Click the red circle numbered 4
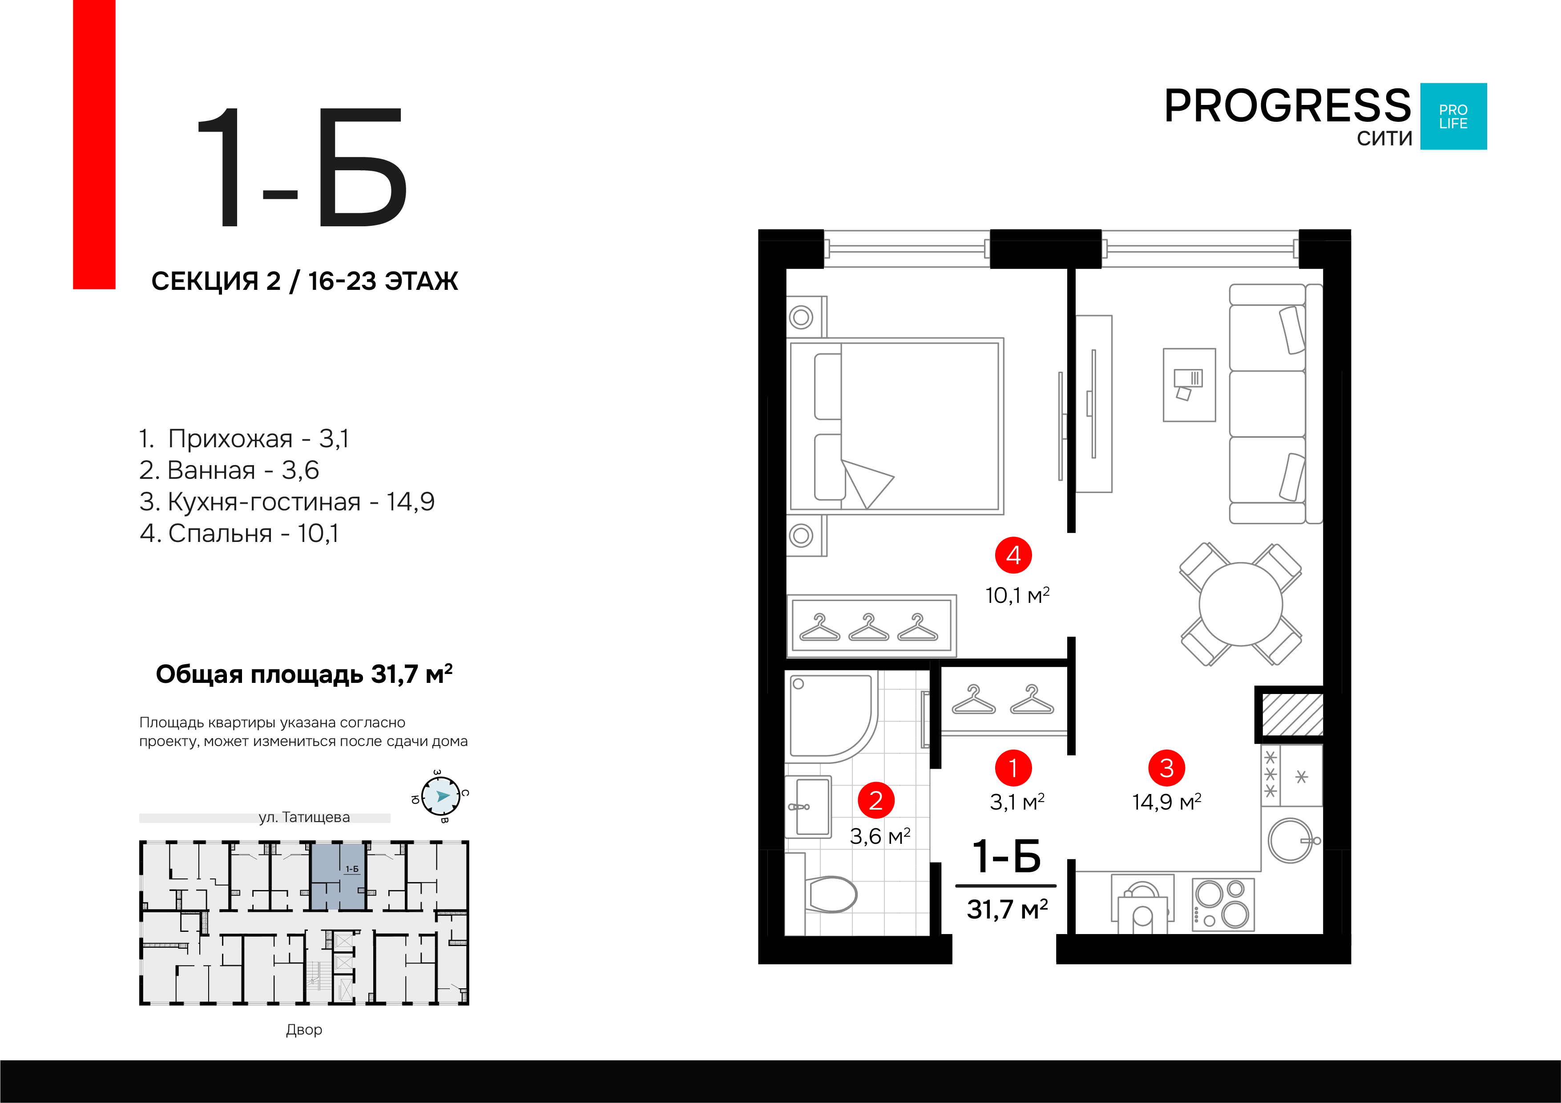pyautogui.click(x=1013, y=555)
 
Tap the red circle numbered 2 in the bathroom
pyautogui.click(x=875, y=801)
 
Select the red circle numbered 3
pyautogui.click(x=1167, y=768)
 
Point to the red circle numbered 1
pyautogui.click(x=1013, y=768)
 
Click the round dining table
pyautogui.click(x=1241, y=604)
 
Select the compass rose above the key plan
pyautogui.click(x=440, y=796)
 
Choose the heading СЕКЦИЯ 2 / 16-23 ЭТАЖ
pyautogui.click(x=305, y=281)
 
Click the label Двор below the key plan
pyautogui.click(x=304, y=1030)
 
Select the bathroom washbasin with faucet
pyautogui.click(x=808, y=807)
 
